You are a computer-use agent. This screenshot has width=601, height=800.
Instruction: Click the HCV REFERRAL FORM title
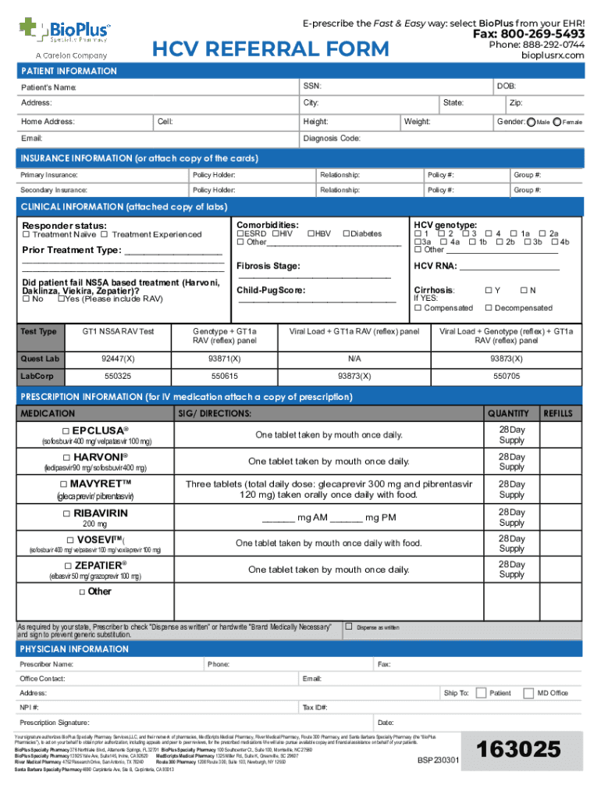270,50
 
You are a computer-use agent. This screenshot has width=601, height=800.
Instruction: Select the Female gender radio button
557,123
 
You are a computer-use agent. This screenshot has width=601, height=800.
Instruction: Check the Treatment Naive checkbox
26,235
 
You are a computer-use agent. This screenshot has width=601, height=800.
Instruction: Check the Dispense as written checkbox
349,627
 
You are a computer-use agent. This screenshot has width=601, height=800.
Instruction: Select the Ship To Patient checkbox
481,693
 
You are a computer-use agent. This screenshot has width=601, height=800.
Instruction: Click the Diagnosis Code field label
331,138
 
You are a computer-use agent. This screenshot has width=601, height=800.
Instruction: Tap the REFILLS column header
557,413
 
